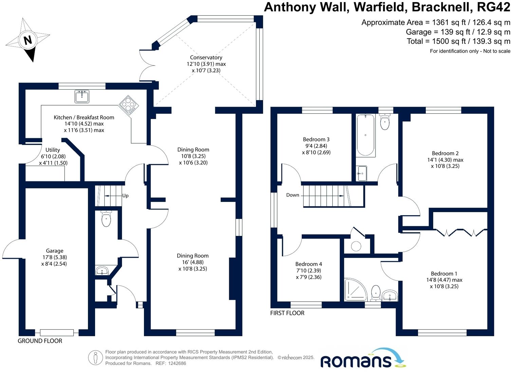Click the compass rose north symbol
(x=28, y=40)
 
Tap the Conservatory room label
(x=206, y=58)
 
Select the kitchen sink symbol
(x=81, y=96)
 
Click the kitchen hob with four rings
(x=129, y=105)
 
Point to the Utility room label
(x=53, y=150)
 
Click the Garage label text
(x=54, y=251)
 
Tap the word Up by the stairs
(x=125, y=196)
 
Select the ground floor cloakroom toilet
(x=106, y=219)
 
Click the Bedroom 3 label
(x=316, y=139)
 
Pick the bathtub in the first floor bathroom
(x=365, y=135)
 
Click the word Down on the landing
(x=293, y=195)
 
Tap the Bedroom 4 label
(x=309, y=264)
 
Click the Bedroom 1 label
(x=444, y=274)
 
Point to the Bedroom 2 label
(x=445, y=153)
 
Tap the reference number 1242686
(x=175, y=364)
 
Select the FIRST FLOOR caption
(x=287, y=313)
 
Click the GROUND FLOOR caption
(x=40, y=341)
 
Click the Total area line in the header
(x=458, y=41)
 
